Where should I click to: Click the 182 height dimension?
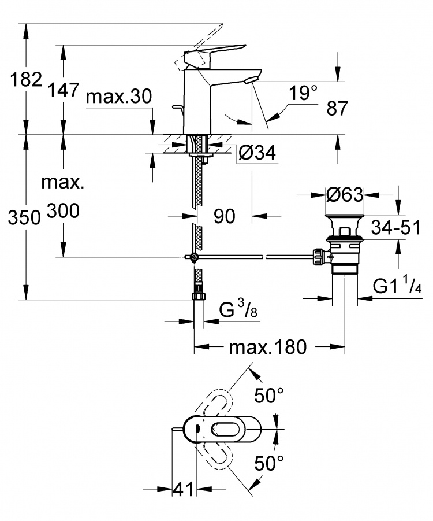(27, 80)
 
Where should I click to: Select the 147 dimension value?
(64, 90)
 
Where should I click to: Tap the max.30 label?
(119, 97)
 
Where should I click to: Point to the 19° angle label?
(303, 93)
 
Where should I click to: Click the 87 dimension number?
(337, 108)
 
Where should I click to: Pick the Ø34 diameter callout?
(257, 153)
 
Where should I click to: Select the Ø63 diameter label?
(345, 194)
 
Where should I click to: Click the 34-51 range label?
(396, 228)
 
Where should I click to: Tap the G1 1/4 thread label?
(397, 286)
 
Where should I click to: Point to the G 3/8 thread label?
(238, 309)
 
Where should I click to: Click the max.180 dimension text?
(268, 347)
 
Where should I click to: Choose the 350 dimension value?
(24, 219)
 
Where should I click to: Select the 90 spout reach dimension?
(225, 216)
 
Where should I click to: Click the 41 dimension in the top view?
(183, 489)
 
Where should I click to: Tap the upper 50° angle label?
(269, 395)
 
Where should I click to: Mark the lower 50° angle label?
(269, 463)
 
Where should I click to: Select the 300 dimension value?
(63, 211)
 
